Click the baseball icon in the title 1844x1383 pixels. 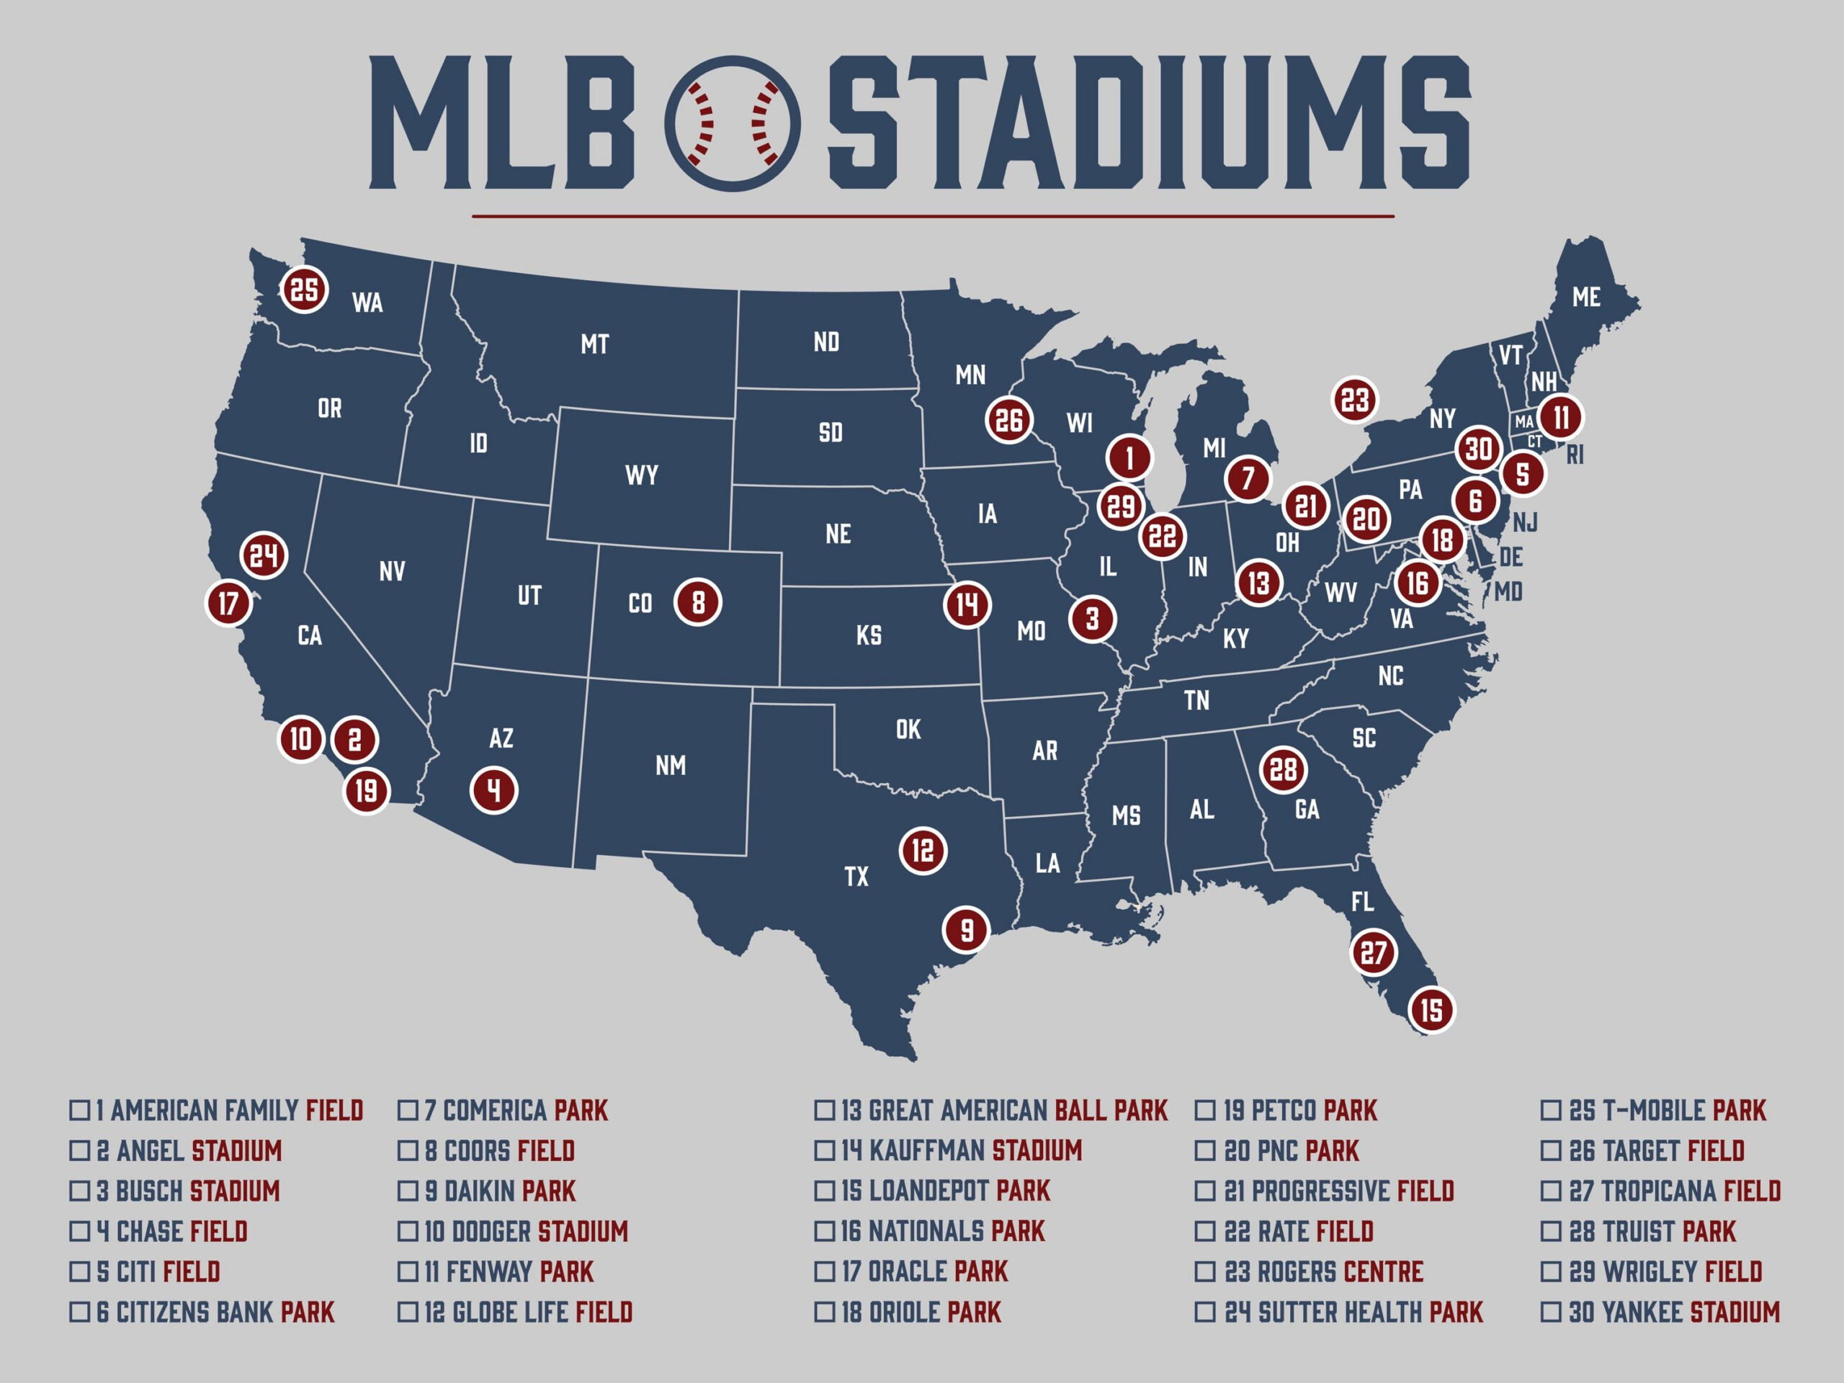coord(732,123)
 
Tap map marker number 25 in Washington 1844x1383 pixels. coord(304,290)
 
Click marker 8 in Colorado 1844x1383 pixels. coord(698,602)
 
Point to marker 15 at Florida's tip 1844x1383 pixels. coord(1431,1011)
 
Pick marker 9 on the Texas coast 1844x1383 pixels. coord(966,929)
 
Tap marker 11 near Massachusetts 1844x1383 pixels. coord(1561,417)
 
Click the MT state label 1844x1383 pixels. coord(594,344)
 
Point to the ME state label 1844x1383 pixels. coord(1585,297)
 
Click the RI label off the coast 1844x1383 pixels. coord(1575,455)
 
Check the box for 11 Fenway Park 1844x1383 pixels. coord(408,1271)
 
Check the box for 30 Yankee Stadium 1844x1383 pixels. coord(1551,1312)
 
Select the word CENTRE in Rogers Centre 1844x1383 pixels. coord(1384,1271)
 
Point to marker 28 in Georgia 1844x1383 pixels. coord(1283,769)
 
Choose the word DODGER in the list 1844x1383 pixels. coord(491,1231)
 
